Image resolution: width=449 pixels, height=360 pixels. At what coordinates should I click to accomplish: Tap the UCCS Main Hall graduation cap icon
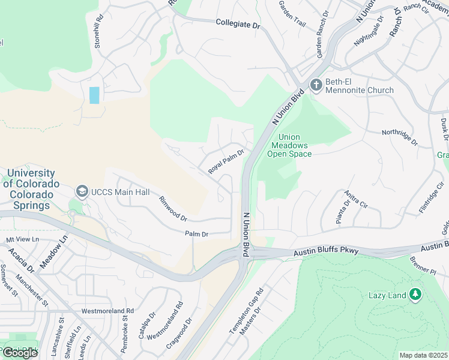82,191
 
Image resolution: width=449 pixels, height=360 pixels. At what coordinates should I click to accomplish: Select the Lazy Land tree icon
414,294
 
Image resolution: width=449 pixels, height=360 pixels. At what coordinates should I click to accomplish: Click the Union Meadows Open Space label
291,146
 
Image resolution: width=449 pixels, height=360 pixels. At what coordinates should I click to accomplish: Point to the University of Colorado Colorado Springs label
31,189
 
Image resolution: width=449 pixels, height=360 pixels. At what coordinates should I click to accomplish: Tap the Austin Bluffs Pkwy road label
326,253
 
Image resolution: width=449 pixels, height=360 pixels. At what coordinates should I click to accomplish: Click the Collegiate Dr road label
239,25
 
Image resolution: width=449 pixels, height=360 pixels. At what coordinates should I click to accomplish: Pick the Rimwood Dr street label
173,208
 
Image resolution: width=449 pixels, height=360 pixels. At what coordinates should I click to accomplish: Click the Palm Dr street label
196,234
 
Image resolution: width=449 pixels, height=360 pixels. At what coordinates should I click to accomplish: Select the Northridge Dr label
400,137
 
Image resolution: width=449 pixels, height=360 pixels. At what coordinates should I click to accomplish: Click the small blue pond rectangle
94,95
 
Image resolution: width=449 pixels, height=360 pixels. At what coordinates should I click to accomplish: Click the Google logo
20,353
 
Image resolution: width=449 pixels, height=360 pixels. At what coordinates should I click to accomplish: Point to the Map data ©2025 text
423,355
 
